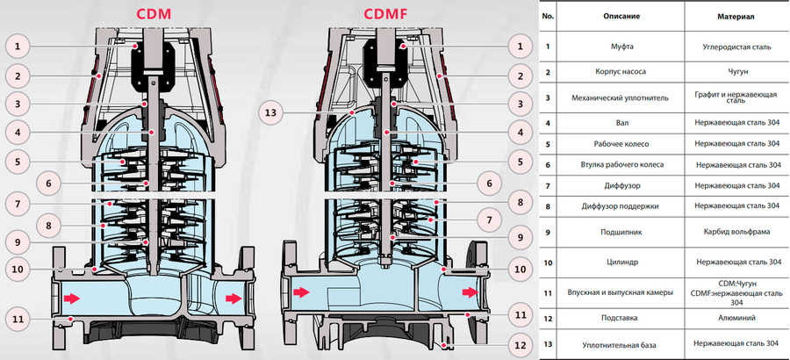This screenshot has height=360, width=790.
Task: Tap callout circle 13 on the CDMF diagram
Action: pyautogui.click(x=273, y=112)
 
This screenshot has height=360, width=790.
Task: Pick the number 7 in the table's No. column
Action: pyautogui.click(x=547, y=185)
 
